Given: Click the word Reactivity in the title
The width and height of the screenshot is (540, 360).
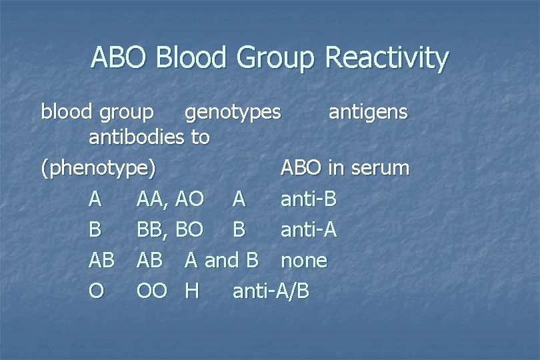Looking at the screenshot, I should pyautogui.click(x=387, y=59).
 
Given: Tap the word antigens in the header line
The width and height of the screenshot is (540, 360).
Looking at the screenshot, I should pyautogui.click(x=368, y=111).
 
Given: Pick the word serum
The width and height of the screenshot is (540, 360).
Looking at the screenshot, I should pyautogui.click(x=381, y=168).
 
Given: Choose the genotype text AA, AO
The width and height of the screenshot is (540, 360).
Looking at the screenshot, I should pyautogui.click(x=170, y=199).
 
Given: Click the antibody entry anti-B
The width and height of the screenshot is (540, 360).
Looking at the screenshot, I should pyautogui.click(x=308, y=199).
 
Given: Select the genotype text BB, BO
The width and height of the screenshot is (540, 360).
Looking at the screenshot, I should pyautogui.click(x=170, y=230).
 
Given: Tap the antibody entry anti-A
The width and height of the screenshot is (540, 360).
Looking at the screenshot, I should pyautogui.click(x=309, y=230).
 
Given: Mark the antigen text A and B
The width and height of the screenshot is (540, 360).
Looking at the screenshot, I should pyautogui.click(x=221, y=260).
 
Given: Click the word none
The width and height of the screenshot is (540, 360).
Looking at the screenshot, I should pyautogui.click(x=304, y=261).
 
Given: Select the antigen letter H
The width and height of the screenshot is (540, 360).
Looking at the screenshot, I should pyautogui.click(x=192, y=291).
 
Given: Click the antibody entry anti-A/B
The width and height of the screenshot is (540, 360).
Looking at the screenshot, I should pyautogui.click(x=271, y=291).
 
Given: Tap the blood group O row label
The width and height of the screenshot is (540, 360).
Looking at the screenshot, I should pyautogui.click(x=96, y=291).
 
